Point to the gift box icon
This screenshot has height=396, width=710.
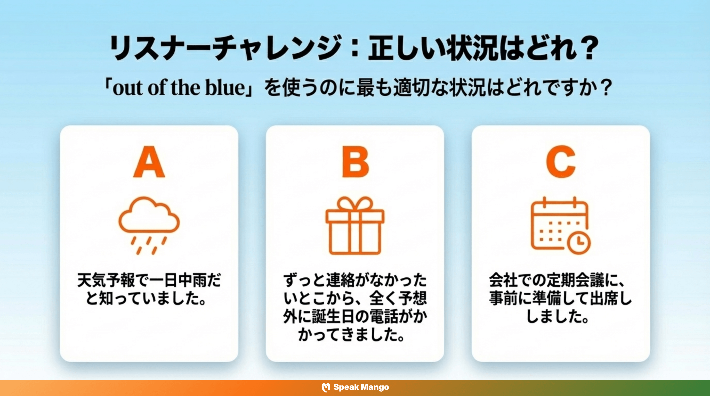click(355, 226)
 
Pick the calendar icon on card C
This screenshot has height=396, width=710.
click(560, 225)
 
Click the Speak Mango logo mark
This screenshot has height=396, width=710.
click(326, 387)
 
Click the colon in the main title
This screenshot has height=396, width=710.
click(355, 48)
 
